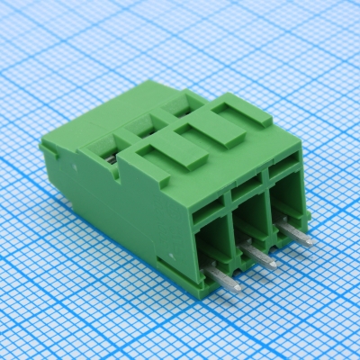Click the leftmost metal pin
(x=226, y=281)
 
